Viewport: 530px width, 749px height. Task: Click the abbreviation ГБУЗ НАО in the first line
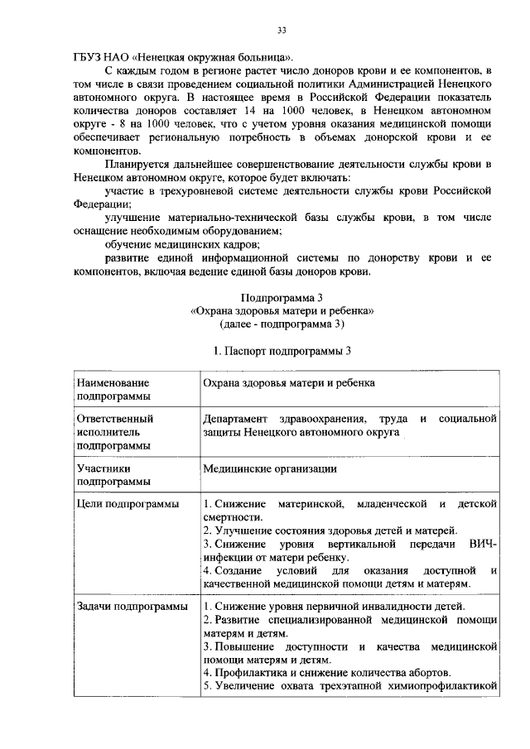(94, 60)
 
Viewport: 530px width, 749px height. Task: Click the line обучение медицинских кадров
(182, 244)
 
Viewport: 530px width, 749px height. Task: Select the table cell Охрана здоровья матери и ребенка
(289, 383)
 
